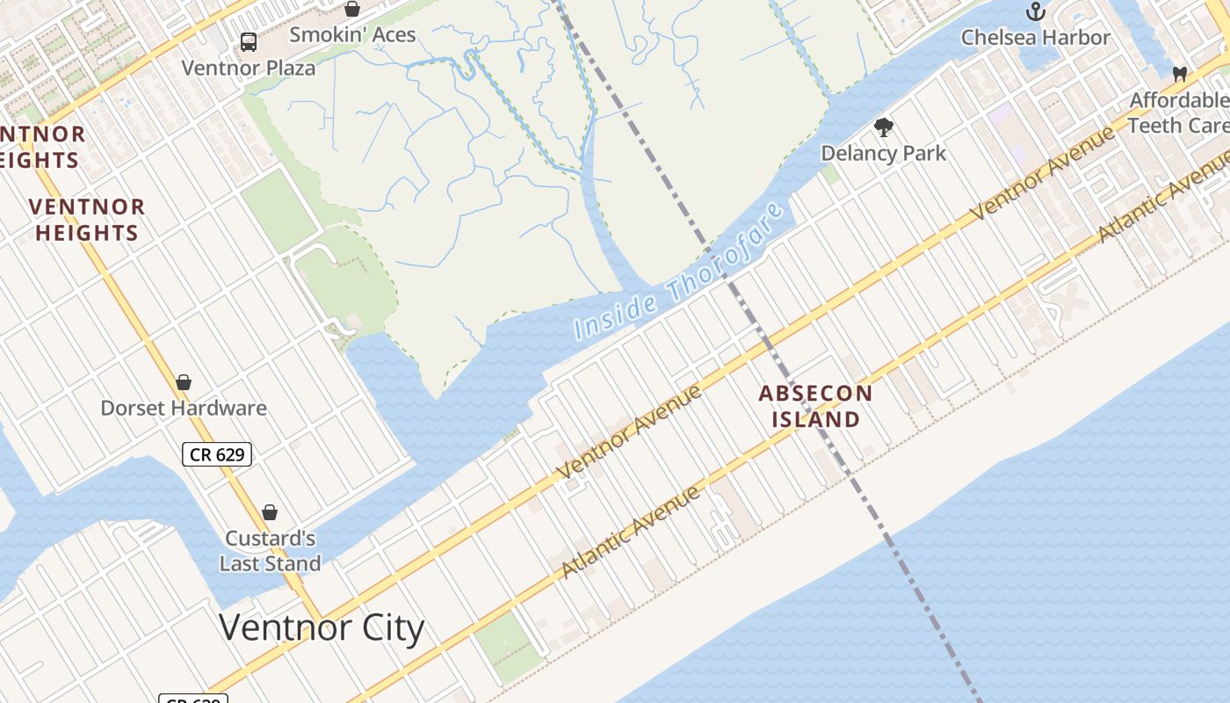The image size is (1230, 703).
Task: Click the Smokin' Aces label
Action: [352, 35]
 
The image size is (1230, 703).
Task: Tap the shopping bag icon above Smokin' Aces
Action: [352, 9]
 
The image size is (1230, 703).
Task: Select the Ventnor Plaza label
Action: [248, 68]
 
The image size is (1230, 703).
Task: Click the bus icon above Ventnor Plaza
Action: [249, 41]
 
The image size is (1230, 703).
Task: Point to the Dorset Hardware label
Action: [184, 408]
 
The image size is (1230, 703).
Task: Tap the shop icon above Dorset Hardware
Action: [184, 382]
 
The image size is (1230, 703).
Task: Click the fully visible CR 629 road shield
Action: [217, 454]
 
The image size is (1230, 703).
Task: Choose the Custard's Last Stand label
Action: [270, 551]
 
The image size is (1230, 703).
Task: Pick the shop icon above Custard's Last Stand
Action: [270, 512]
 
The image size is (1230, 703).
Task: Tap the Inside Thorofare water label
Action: [678, 272]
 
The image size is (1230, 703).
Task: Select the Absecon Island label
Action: [815, 406]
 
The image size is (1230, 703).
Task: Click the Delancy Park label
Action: [883, 153]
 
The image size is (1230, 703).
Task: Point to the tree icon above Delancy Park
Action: [884, 127]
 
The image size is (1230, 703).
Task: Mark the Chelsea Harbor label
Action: [1036, 37]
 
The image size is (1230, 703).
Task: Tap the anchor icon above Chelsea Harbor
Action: [1036, 11]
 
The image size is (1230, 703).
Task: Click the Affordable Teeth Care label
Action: [1179, 112]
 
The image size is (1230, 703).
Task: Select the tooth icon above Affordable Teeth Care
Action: [1180, 74]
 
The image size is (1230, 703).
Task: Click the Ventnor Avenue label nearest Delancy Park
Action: [1042, 172]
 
